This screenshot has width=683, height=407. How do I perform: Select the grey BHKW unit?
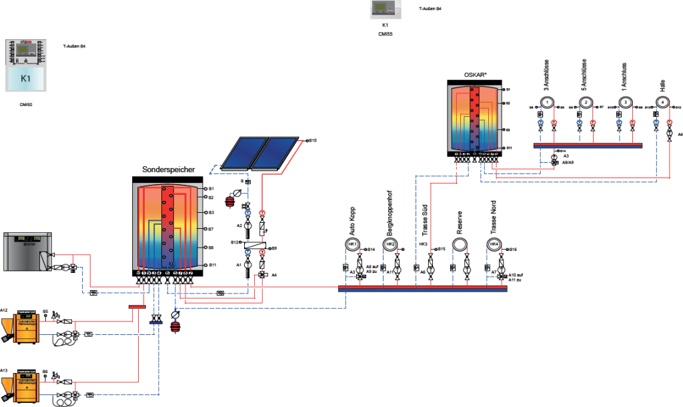(27, 251)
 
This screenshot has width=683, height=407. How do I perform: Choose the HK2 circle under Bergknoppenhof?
(392, 246)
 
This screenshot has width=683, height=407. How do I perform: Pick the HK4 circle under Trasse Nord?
(494, 246)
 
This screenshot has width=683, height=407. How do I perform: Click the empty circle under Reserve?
(460, 246)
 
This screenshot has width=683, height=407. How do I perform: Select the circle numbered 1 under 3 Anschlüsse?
(546, 102)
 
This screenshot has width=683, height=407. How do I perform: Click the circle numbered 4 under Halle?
(664, 102)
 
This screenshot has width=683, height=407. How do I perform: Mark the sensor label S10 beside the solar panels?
(313, 141)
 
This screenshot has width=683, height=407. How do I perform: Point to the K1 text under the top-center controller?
(386, 25)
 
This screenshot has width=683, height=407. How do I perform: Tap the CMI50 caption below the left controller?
(27, 104)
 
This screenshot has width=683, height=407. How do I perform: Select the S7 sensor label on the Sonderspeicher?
(210, 229)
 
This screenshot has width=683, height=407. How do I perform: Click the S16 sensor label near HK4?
(513, 249)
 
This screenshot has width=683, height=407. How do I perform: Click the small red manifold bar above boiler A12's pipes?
(137, 308)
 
